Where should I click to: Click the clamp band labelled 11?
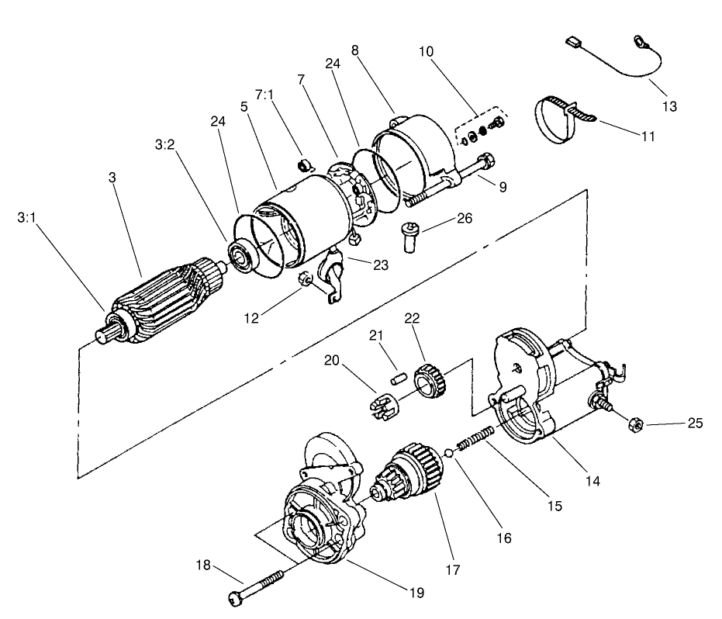coord(561,119)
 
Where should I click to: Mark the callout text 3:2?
coord(165,144)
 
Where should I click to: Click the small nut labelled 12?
coord(306,278)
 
